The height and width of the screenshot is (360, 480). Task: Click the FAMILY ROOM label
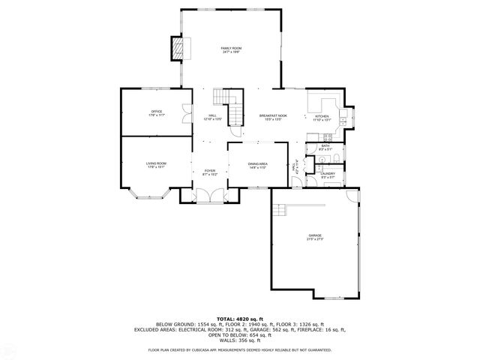tap(231, 49)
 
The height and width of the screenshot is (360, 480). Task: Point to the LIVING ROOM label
tap(156, 164)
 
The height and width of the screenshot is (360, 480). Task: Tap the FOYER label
tap(210, 172)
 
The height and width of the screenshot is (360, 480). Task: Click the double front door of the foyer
tap(211, 196)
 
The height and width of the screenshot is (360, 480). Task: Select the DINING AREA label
tap(258, 165)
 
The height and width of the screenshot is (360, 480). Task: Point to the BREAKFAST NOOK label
tap(270, 117)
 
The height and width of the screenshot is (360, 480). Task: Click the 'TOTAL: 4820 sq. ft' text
tap(240, 318)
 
